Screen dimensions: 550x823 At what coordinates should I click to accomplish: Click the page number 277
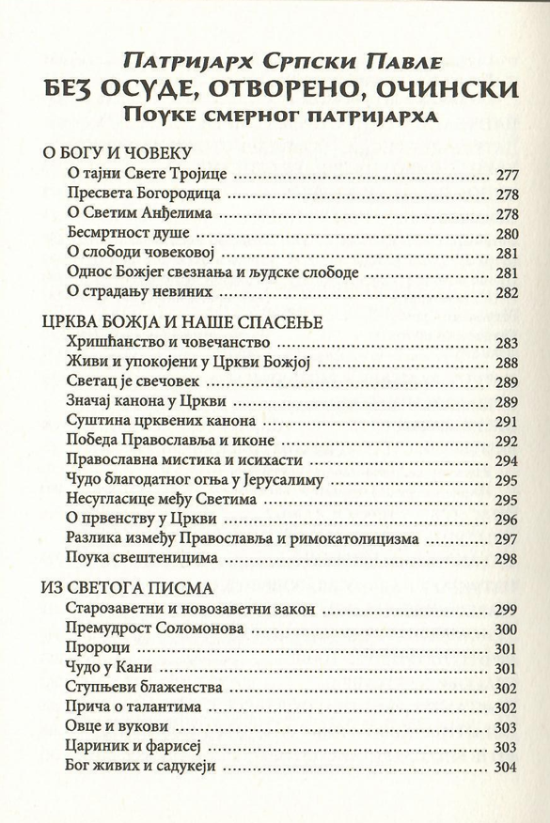point(506,176)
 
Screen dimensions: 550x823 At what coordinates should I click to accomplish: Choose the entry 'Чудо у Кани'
point(110,668)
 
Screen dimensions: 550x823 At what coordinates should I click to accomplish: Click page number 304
point(506,767)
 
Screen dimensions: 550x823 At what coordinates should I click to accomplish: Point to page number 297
point(506,539)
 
